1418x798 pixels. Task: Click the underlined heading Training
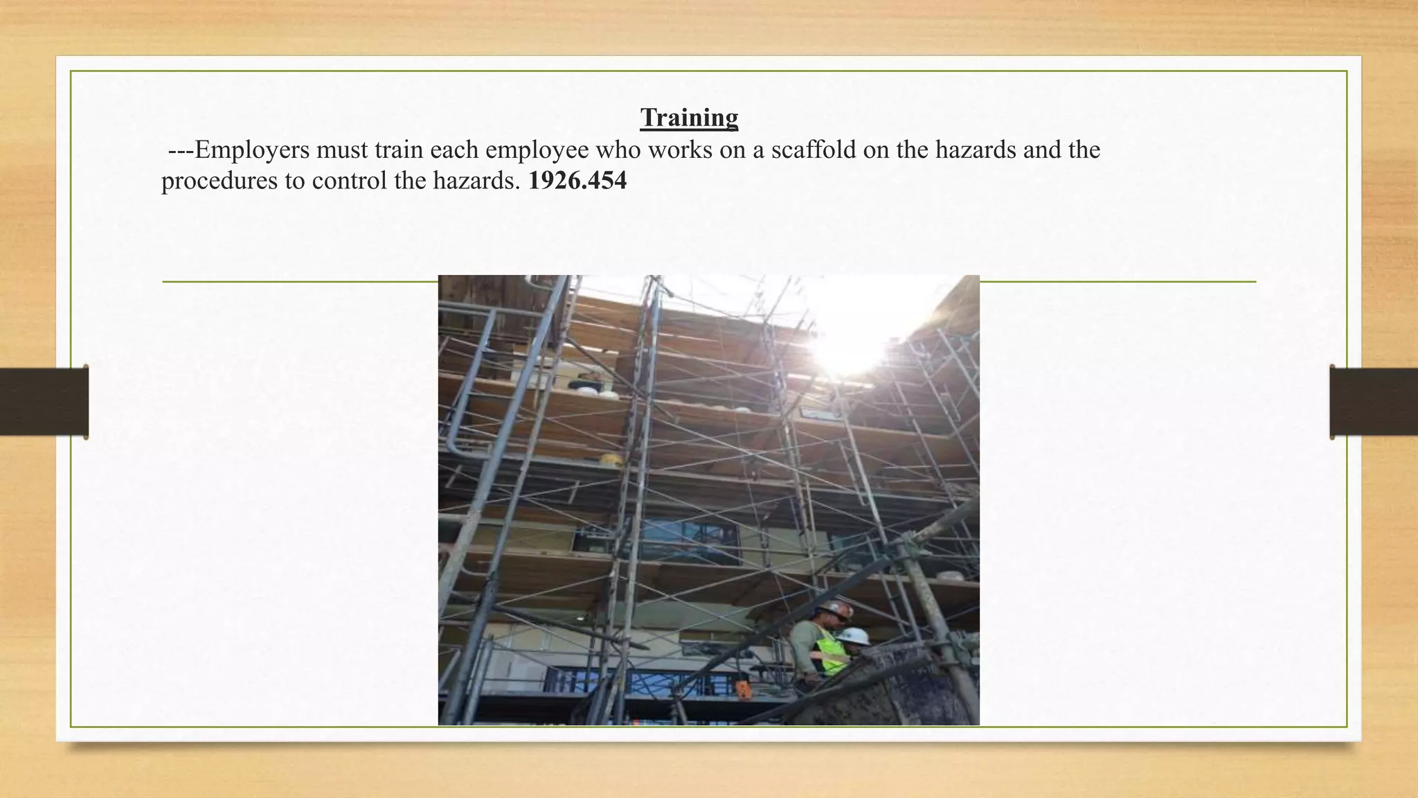click(x=689, y=118)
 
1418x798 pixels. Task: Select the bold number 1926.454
click(x=577, y=181)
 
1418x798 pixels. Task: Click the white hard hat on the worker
click(x=854, y=635)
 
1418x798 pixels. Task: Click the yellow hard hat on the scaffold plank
click(x=611, y=459)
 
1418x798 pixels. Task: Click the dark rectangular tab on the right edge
click(x=1374, y=402)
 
